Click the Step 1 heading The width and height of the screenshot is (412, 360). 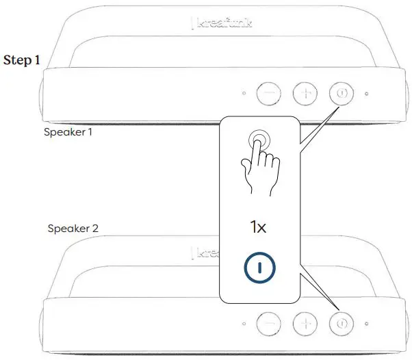[22, 60]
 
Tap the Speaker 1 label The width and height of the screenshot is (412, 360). [68, 132]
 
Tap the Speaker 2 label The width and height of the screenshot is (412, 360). [73, 228]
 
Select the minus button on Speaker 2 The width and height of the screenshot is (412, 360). [268, 322]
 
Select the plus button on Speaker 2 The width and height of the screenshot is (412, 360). [305, 322]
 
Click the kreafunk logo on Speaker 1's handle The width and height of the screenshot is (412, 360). [221, 24]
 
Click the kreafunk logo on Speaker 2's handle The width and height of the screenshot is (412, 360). [205, 253]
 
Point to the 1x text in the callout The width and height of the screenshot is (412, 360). [257, 227]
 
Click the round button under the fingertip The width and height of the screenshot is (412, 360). [258, 139]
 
